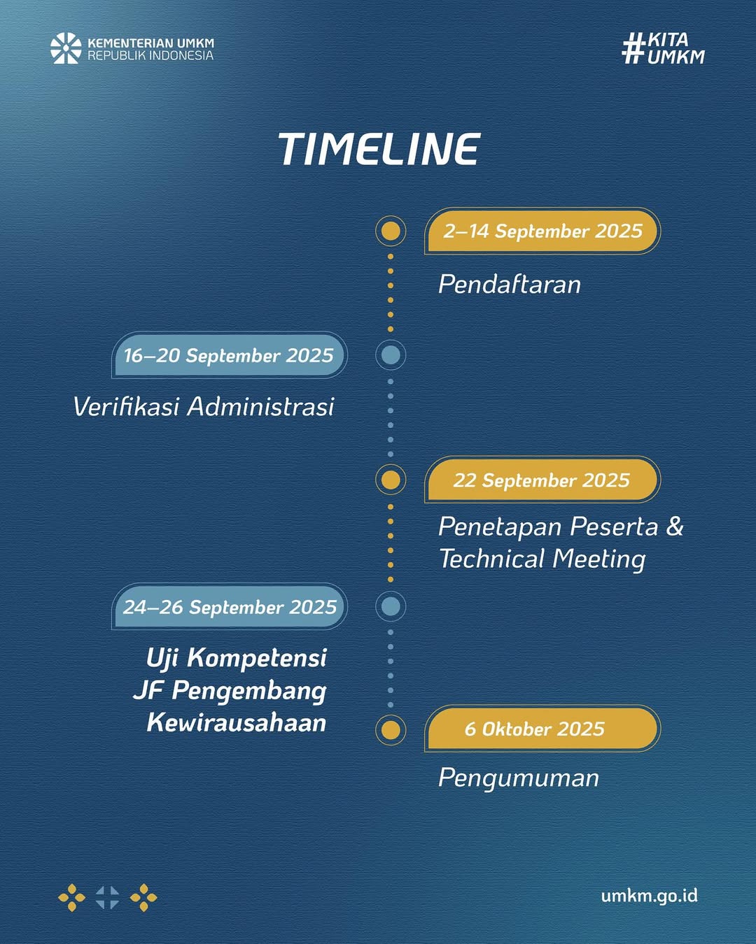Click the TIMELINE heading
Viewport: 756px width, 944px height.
point(379,149)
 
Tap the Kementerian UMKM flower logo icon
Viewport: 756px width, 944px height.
point(66,48)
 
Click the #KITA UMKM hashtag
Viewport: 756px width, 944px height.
point(663,48)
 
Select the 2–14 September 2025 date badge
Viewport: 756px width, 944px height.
point(542,231)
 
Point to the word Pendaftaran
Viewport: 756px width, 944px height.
point(510,285)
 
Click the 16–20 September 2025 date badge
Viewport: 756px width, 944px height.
point(230,355)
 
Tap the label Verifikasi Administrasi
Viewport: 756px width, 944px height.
point(204,406)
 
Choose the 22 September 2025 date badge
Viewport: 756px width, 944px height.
point(542,480)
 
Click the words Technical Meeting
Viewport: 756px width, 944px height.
point(542,559)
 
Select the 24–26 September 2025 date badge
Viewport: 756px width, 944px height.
point(230,607)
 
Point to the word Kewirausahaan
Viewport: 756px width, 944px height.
point(237,722)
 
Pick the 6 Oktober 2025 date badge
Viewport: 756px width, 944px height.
point(542,729)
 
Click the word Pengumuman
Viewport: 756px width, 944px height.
point(519,778)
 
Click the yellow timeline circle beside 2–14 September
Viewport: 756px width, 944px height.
point(391,231)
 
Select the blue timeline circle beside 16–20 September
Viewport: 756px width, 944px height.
point(391,355)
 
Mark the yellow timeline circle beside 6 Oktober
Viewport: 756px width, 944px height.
point(391,730)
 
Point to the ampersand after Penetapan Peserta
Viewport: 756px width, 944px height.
point(675,526)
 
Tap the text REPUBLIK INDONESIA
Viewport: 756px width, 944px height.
point(150,56)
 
